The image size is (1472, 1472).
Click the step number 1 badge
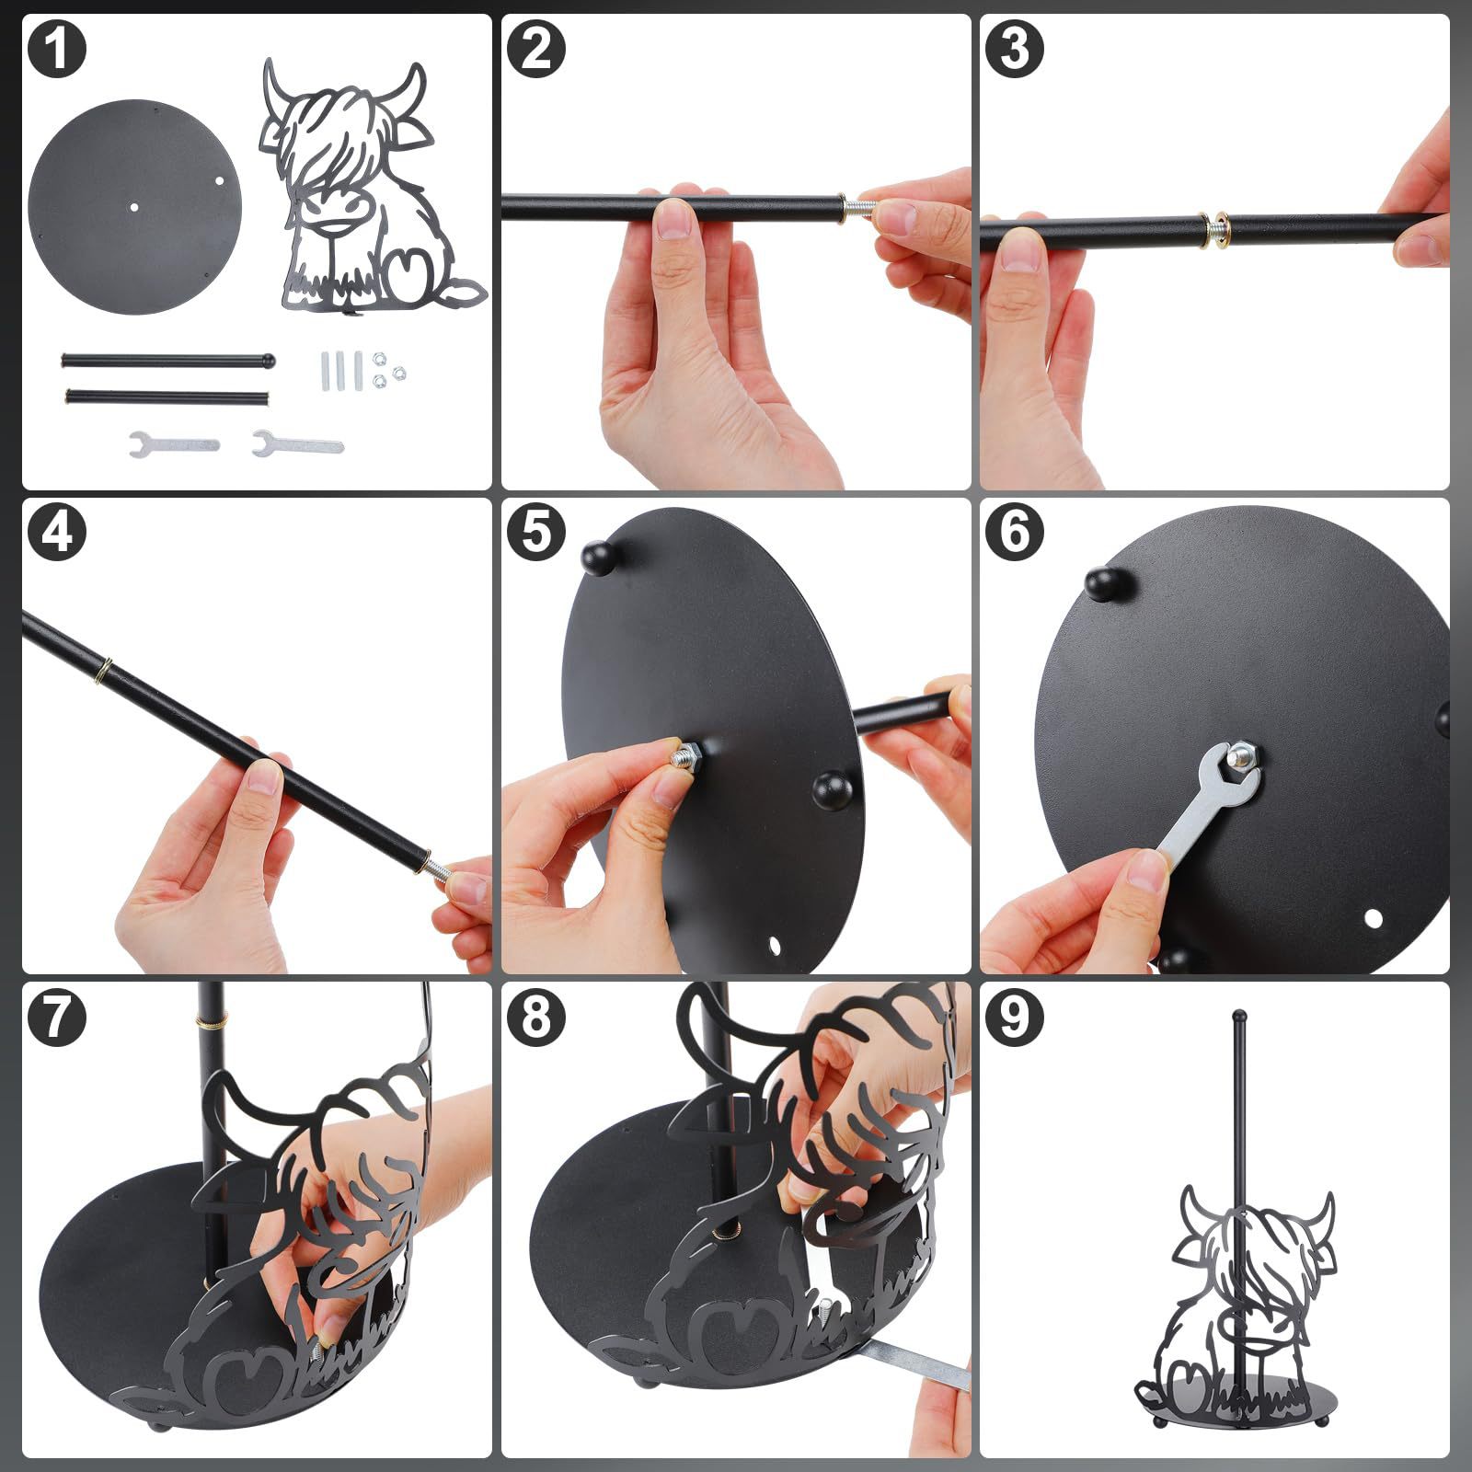[x=57, y=49]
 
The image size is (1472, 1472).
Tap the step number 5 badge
[x=535, y=533]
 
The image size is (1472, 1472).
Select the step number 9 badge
[x=1014, y=1017]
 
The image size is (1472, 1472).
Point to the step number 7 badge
[x=57, y=1017]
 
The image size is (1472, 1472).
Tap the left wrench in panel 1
[x=175, y=443]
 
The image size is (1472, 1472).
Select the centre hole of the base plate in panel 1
[x=133, y=206]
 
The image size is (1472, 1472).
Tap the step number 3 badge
[x=1014, y=49]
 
